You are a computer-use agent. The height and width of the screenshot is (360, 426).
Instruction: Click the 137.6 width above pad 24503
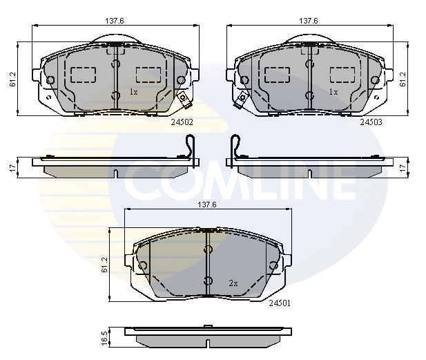[x=308, y=21]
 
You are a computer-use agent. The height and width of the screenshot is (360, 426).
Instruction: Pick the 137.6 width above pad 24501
[x=207, y=205]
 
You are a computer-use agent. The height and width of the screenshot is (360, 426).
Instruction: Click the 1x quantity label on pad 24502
[x=134, y=92]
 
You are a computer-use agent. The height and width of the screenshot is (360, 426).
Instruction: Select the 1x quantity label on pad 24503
[x=333, y=92]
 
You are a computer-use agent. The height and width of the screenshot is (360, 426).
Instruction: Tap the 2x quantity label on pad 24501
[x=233, y=283]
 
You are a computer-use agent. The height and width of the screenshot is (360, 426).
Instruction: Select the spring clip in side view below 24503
[x=235, y=147]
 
